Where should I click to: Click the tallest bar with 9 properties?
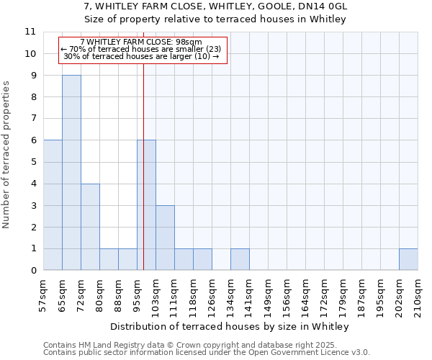coord(71,173)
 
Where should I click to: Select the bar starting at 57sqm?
coord(53,205)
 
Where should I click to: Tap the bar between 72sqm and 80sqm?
coord(90,227)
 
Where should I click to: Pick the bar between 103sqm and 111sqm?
coord(165,238)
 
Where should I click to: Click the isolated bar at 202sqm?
coord(408,259)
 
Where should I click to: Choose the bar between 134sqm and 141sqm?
coord(240,259)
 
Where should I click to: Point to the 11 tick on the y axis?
coord(30,32)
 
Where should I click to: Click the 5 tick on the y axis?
coord(33,162)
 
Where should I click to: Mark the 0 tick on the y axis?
coord(33,271)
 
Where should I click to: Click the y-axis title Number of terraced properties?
coord(7,155)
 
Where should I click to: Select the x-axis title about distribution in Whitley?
coord(230,326)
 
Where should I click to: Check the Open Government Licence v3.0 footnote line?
coord(207,353)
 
